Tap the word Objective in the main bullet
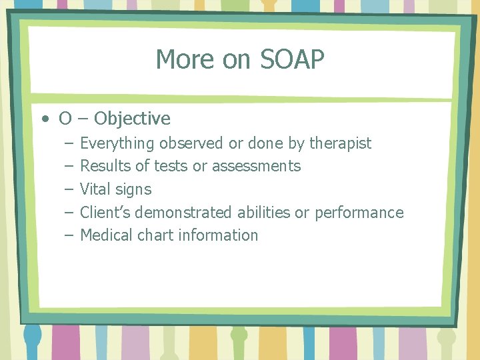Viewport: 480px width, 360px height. tap(132, 119)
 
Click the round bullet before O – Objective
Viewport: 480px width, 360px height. tap(44, 119)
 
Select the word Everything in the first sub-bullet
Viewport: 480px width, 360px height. tap(117, 143)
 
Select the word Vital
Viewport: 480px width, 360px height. tap(95, 189)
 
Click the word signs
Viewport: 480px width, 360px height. tap(133, 190)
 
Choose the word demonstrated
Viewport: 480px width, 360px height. tap(185, 213)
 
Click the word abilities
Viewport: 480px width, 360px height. tap(264, 213)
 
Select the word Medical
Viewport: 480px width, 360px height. tap(106, 235)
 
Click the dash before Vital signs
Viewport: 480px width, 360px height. tap(69, 189)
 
